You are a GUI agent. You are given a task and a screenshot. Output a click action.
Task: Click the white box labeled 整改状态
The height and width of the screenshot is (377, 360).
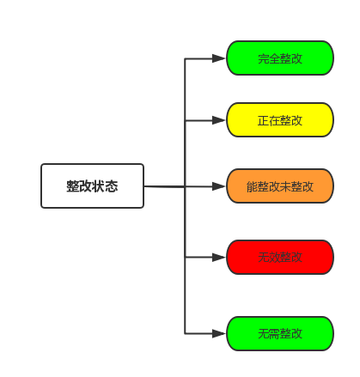coord(92,185)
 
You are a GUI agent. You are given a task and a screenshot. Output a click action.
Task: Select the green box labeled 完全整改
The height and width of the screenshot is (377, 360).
coord(280,58)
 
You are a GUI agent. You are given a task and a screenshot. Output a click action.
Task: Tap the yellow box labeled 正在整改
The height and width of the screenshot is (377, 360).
coord(280,120)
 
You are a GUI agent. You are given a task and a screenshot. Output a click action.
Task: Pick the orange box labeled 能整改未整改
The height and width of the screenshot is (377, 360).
coord(280,186)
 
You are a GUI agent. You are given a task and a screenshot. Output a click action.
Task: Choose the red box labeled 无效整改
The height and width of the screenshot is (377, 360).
coord(280,257)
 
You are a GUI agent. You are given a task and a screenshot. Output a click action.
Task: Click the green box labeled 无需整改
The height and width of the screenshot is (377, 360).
coord(280,333)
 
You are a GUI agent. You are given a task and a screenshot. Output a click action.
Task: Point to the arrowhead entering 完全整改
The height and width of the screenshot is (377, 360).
coord(219,58)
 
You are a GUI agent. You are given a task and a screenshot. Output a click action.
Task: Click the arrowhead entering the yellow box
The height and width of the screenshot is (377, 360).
coord(219,120)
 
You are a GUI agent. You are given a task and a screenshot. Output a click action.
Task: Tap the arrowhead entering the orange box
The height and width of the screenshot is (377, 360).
coord(219,186)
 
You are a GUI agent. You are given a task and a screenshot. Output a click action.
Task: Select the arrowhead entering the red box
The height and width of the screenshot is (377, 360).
coord(219,258)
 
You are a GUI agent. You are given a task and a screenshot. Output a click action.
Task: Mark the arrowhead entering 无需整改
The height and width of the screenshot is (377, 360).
coord(219,333)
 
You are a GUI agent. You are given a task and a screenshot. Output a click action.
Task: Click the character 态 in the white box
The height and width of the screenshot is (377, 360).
coord(112,186)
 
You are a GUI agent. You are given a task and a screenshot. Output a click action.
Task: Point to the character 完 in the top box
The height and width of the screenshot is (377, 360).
coord(263,58)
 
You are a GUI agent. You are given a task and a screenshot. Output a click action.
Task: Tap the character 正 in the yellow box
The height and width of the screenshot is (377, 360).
coord(263,120)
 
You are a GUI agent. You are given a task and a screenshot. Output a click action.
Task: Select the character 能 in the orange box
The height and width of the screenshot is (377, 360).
coord(252,186)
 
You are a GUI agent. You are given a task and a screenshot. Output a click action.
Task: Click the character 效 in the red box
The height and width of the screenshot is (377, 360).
coord(274,258)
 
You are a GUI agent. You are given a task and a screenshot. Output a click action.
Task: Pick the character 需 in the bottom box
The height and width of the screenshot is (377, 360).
coord(274,334)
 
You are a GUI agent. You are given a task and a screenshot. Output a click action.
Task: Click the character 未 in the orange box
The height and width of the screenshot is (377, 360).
coord(285,186)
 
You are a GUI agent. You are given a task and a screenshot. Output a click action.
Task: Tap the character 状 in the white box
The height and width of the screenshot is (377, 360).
coord(99,186)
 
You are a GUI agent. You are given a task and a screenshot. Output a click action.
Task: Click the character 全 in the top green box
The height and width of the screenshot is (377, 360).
coord(274,58)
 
